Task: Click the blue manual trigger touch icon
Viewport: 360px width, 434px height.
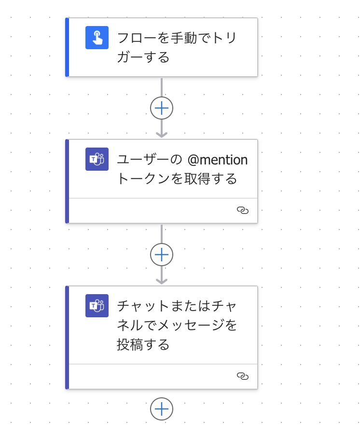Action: (x=97, y=38)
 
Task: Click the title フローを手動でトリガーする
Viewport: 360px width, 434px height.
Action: (x=177, y=47)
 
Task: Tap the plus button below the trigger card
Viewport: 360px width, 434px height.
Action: (x=162, y=108)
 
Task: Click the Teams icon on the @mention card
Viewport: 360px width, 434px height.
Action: (x=97, y=159)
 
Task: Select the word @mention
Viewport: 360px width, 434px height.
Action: (x=217, y=160)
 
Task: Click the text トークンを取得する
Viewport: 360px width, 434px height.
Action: (x=177, y=178)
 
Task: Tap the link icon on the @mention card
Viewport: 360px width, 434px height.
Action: (x=243, y=210)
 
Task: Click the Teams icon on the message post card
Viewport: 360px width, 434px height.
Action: (x=97, y=306)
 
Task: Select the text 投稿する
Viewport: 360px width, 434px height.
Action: (x=143, y=345)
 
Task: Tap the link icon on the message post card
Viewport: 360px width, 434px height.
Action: (x=243, y=376)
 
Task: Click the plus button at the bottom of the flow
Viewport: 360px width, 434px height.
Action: (x=162, y=409)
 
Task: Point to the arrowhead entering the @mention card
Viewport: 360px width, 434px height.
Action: (x=162, y=135)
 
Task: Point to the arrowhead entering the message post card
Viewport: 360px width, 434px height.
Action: (x=162, y=281)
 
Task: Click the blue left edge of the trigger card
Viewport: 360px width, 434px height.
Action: (x=67, y=47)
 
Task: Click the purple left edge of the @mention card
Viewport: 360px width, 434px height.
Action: (x=67, y=181)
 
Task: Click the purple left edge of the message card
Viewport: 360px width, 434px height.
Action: (x=67, y=338)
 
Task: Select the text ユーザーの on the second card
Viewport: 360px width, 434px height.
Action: (x=150, y=160)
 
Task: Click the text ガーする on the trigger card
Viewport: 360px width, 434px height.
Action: (x=143, y=57)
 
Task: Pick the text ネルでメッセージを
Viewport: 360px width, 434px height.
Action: (x=177, y=325)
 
